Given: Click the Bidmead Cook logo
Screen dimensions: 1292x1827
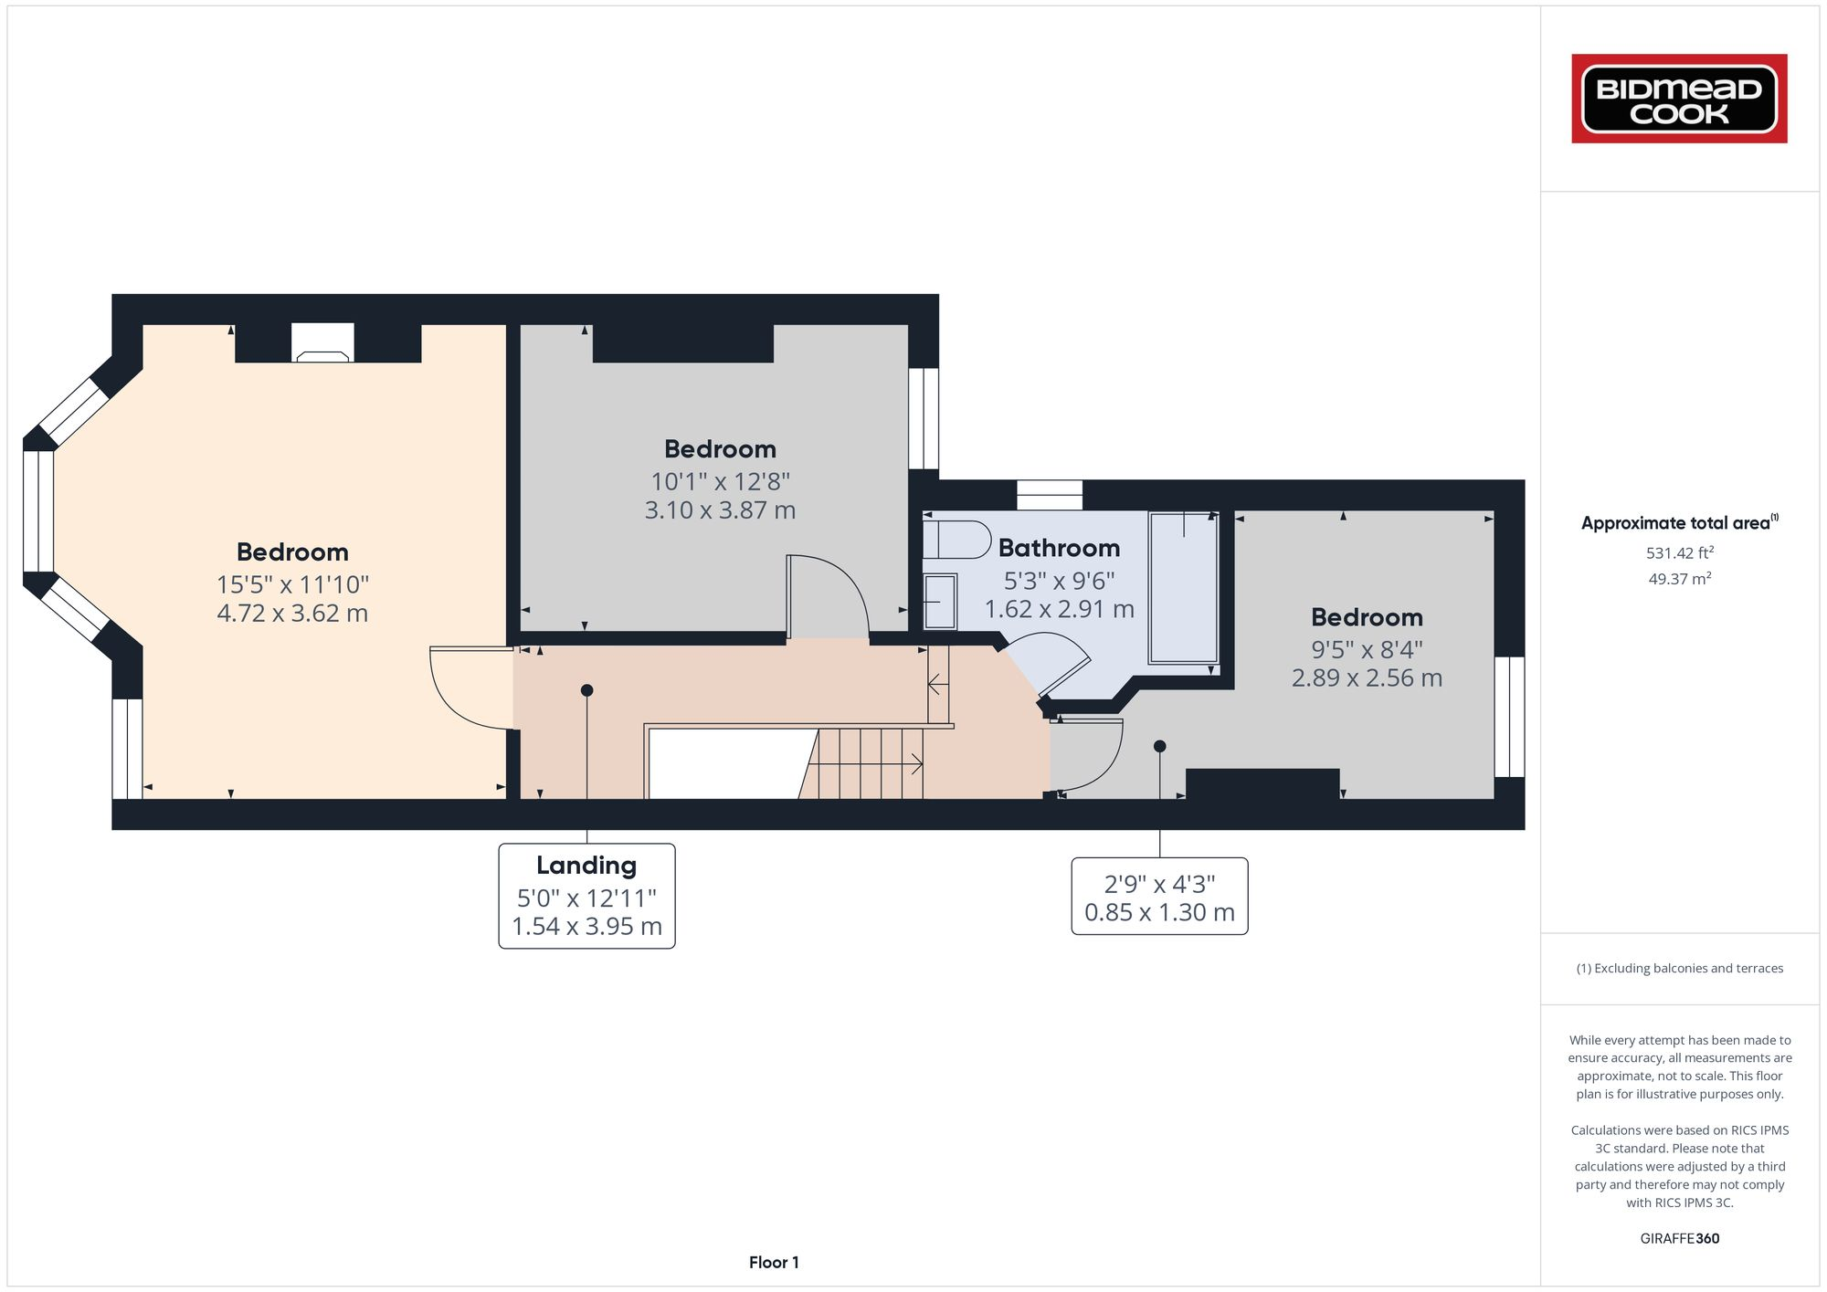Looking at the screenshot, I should tap(1679, 99).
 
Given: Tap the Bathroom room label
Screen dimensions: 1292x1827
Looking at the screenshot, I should tap(1059, 548).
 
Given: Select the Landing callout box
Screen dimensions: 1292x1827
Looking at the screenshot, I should tap(586, 896).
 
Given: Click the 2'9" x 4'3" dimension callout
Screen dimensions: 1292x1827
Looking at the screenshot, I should tap(1159, 897).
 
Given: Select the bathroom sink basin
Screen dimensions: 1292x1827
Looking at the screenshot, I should tap(940, 602).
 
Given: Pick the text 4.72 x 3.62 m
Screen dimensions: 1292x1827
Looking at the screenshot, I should tap(292, 613).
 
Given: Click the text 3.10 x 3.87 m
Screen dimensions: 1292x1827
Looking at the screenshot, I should tap(720, 509).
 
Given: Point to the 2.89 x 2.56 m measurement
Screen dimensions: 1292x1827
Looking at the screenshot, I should tap(1367, 678).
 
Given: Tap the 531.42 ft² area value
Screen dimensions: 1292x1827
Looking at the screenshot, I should tap(1679, 552).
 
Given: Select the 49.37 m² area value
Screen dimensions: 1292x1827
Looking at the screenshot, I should tap(1679, 579).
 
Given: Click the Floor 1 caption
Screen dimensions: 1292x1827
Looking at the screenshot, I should tap(774, 1262).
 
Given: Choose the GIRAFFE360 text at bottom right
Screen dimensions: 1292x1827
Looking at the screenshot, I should tap(1679, 1238).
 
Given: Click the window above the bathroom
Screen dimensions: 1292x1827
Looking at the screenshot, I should tap(1050, 495).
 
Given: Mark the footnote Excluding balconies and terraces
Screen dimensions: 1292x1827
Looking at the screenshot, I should tap(1679, 968).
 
